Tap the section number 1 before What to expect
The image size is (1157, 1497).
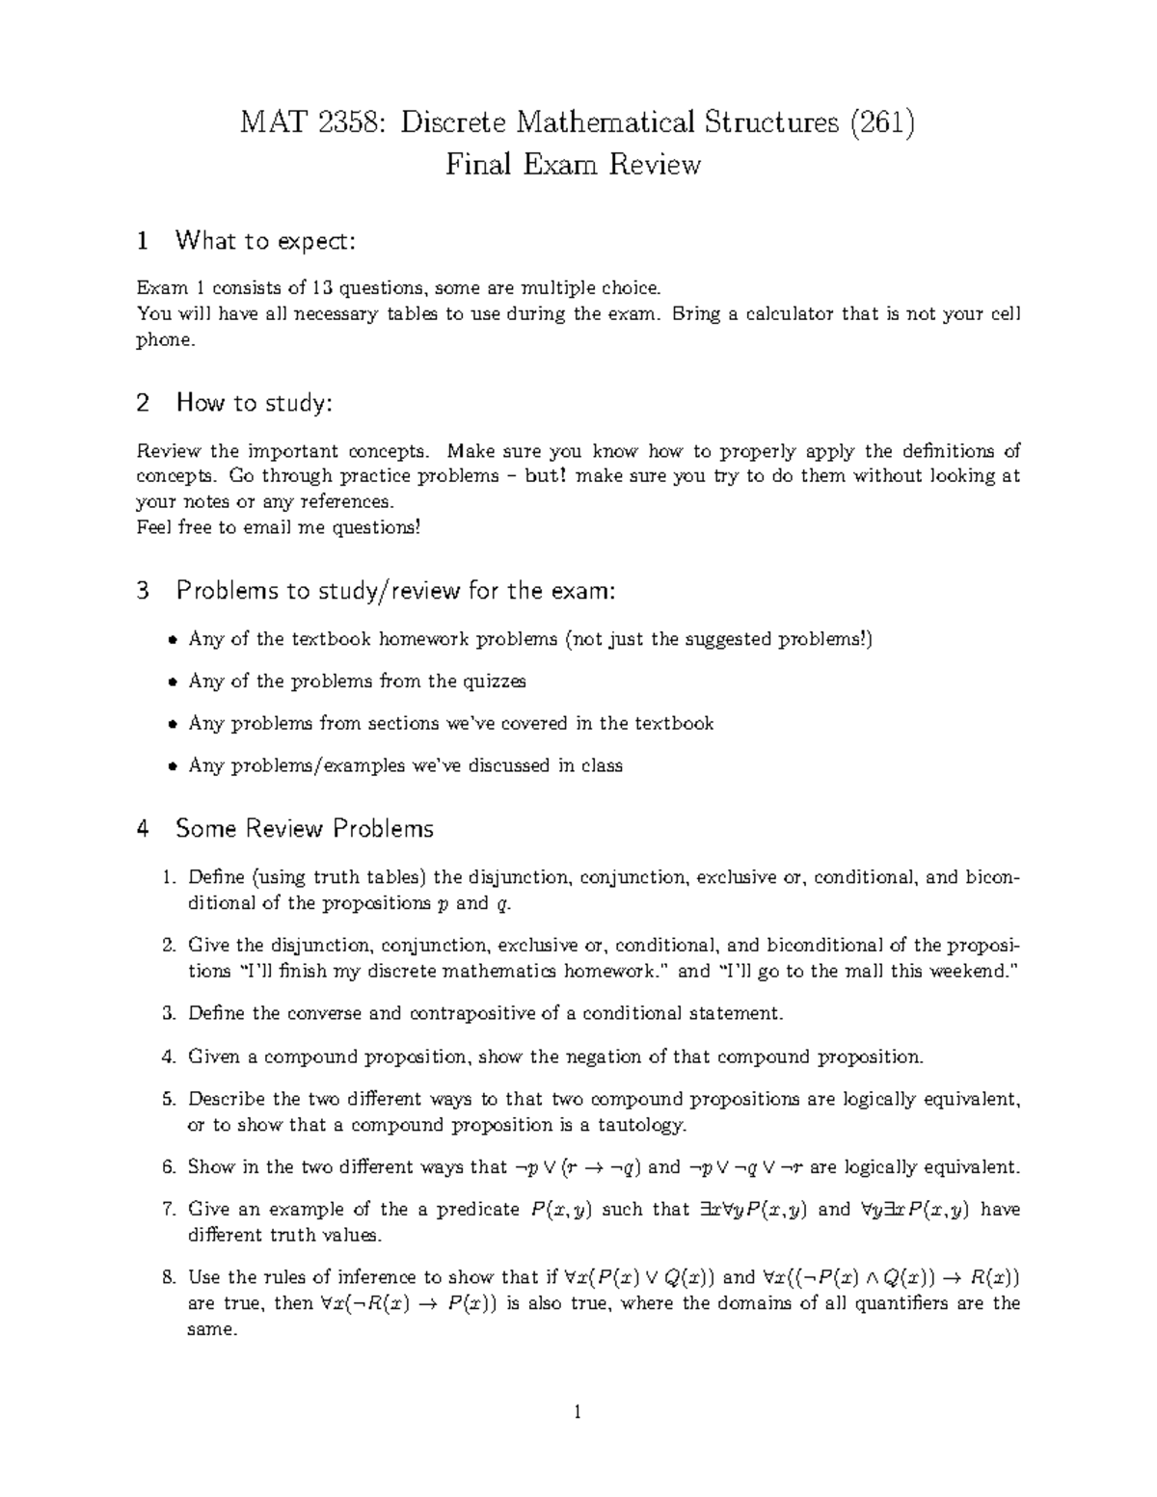pos(143,241)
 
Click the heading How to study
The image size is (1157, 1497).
pos(254,403)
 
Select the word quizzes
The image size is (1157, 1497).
pos(495,682)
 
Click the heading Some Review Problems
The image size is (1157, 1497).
pos(304,828)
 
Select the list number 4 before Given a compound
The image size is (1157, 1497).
pos(168,1057)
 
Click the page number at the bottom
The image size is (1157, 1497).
pos(578,1414)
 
